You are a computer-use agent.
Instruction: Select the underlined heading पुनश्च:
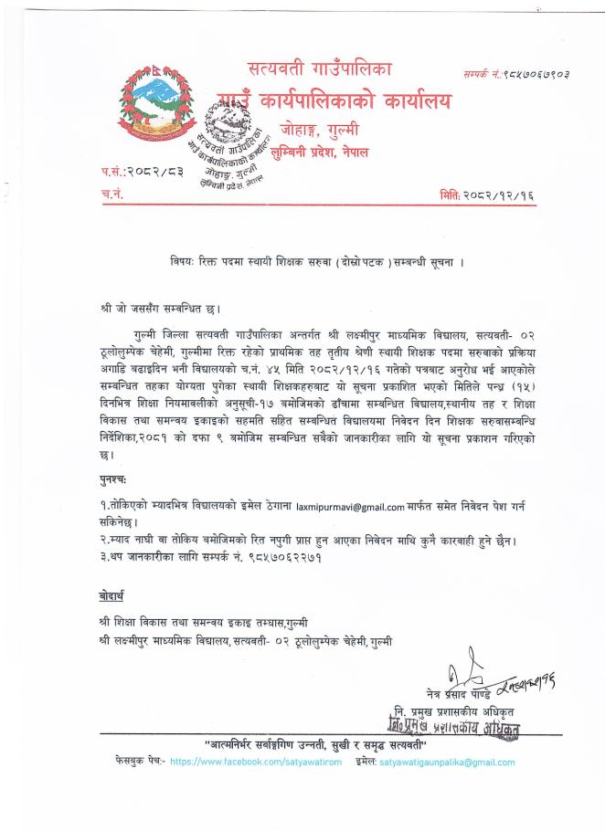(x=114, y=478)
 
